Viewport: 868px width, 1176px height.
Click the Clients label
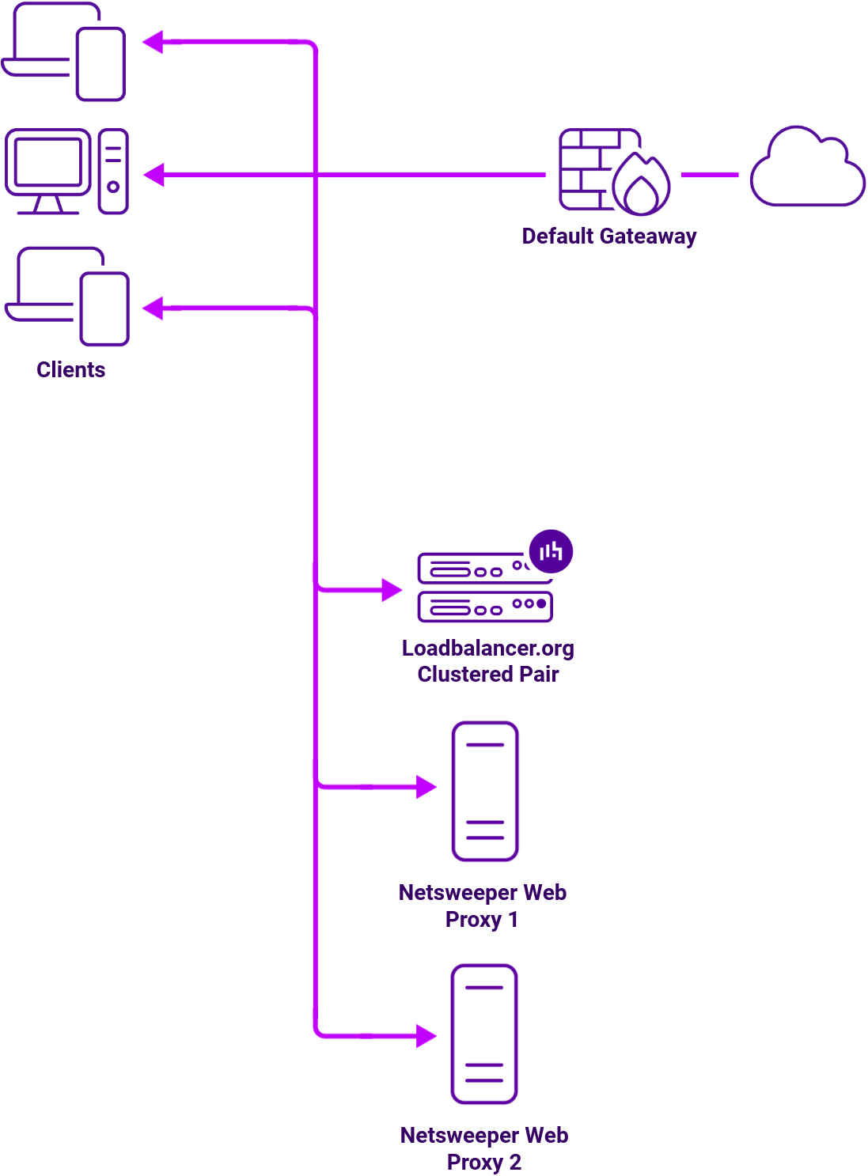[70, 369]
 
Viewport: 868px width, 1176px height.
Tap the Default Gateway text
[608, 236]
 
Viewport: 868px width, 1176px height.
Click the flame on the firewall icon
[641, 187]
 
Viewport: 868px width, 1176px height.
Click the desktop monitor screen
[48, 162]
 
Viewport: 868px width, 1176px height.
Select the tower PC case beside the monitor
[113, 171]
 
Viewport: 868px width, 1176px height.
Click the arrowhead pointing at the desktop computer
[154, 175]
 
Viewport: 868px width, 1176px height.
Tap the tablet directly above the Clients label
[104, 308]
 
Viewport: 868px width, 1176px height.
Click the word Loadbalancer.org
[487, 648]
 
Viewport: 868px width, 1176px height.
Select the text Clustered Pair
[487, 674]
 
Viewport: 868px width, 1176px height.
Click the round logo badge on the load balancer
[551, 551]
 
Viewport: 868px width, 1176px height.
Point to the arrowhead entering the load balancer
[392, 589]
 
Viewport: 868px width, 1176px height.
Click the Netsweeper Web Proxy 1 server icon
[485, 791]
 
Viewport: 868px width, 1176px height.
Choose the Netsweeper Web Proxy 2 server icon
[484, 1034]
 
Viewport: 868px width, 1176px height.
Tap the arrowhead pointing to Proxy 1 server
[426, 787]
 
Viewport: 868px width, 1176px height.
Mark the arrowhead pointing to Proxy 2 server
[426, 1035]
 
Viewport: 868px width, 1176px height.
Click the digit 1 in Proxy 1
[513, 920]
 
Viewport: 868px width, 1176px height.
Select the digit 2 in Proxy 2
[515, 1163]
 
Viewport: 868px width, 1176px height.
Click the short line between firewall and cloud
[710, 175]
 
